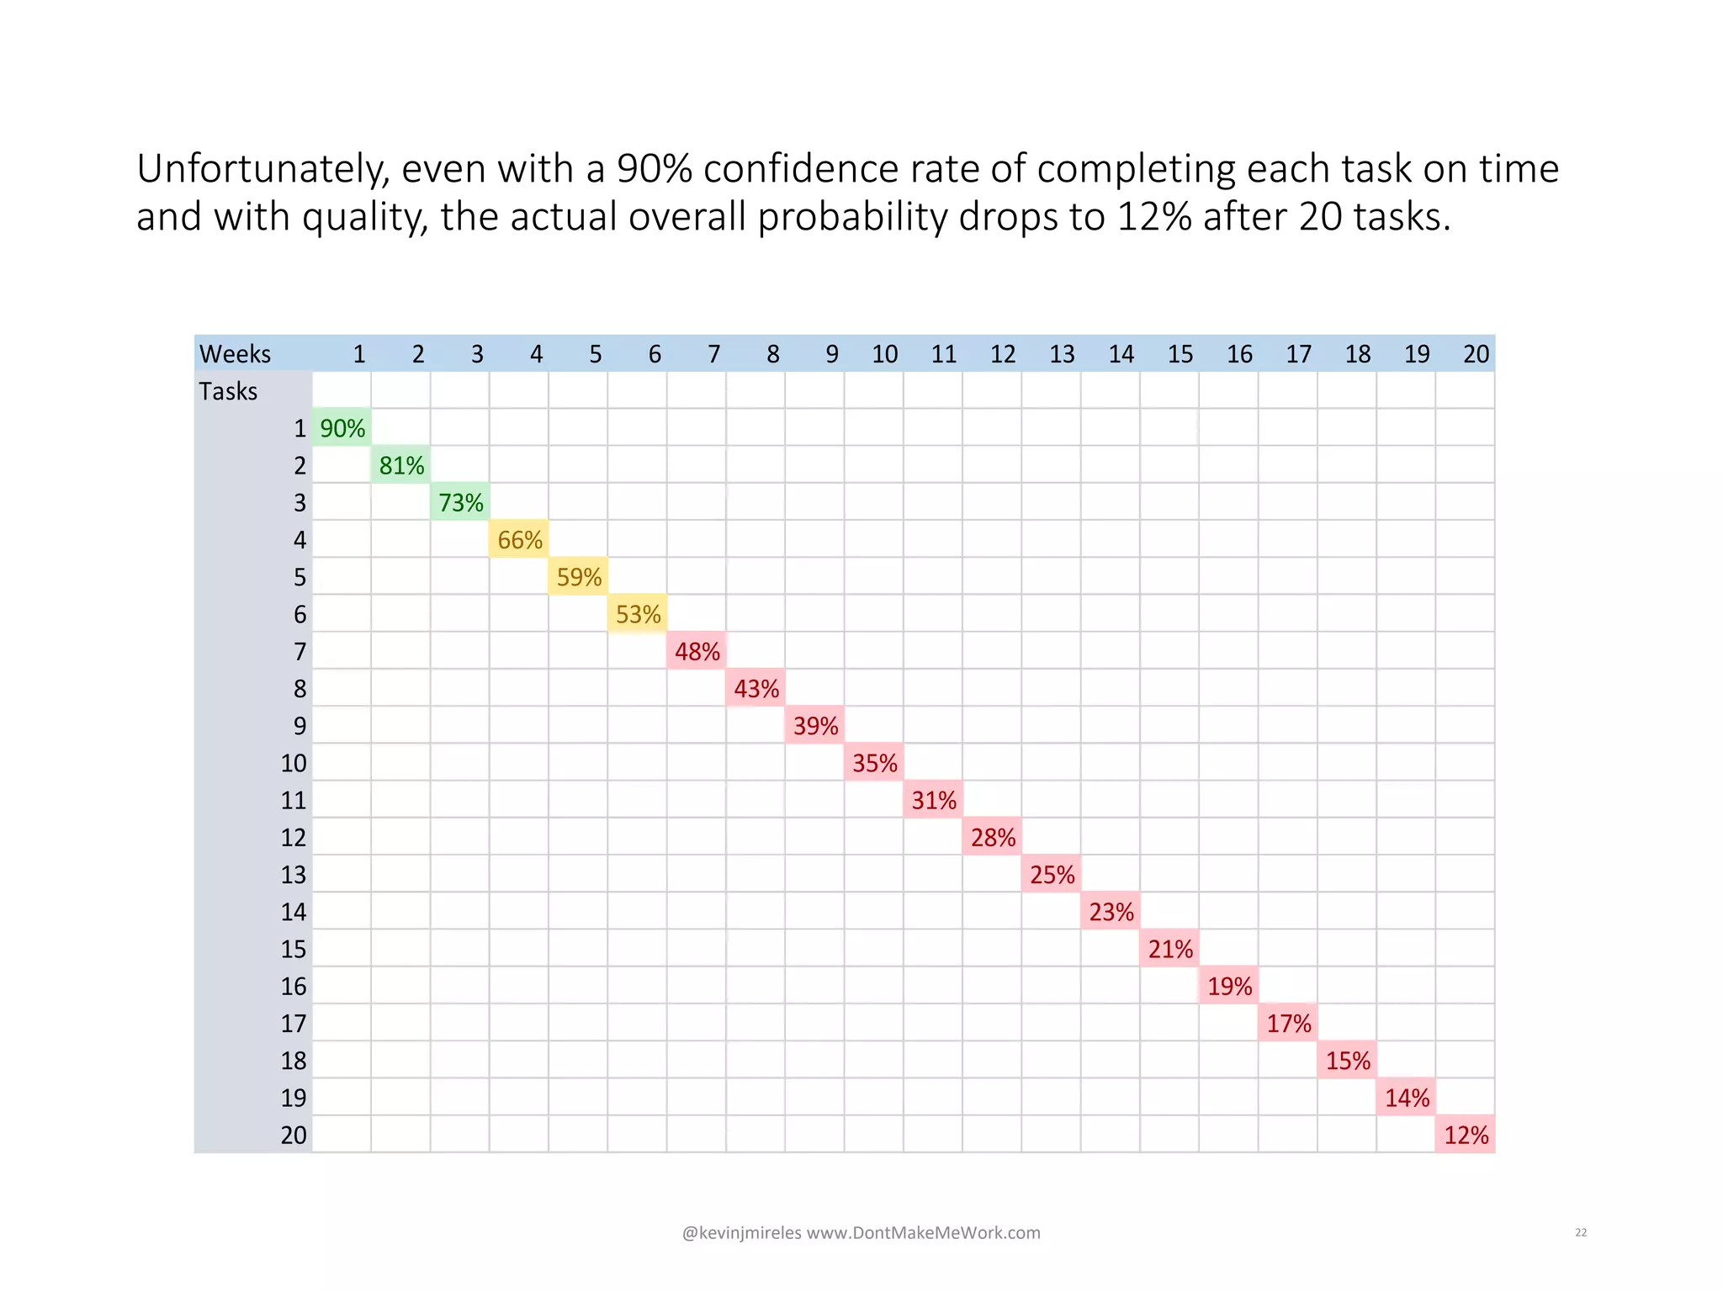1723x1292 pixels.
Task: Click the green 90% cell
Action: pyautogui.click(x=342, y=428)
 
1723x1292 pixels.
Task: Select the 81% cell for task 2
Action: pyautogui.click(x=401, y=465)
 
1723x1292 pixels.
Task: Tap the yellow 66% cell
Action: pyautogui.click(x=519, y=540)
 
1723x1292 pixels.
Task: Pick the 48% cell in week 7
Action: pyautogui.click(x=697, y=652)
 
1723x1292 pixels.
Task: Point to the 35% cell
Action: pyautogui.click(x=874, y=763)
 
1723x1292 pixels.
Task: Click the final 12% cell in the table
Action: pyautogui.click(x=1466, y=1135)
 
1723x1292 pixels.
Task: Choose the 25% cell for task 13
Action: pyautogui.click(x=1052, y=875)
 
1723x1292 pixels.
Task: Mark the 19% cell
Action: pyautogui.click(x=1229, y=986)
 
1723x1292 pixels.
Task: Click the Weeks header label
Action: pyautogui.click(x=235, y=354)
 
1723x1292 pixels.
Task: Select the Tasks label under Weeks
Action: pyautogui.click(x=228, y=391)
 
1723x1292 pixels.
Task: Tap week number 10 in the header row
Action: pyautogui.click(x=884, y=354)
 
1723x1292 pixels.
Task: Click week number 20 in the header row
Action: pyautogui.click(x=1476, y=354)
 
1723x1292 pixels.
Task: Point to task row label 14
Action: pyautogui.click(x=294, y=912)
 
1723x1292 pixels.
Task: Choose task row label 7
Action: pyautogui.click(x=300, y=652)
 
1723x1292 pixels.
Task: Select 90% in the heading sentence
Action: pyautogui.click(x=655, y=168)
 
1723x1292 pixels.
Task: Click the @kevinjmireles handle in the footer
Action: pyautogui.click(x=741, y=1233)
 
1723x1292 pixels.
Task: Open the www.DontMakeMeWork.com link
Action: pyautogui.click(x=924, y=1233)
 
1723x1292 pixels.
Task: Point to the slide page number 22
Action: pyautogui.click(x=1581, y=1232)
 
